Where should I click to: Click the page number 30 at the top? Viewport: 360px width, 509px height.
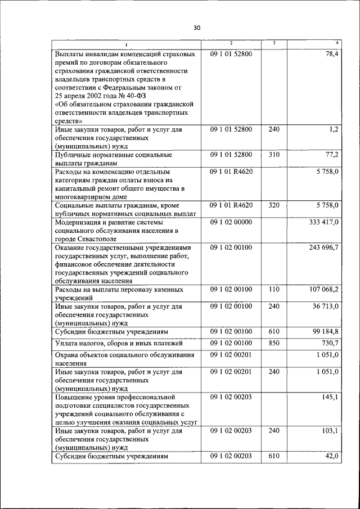tap(196, 28)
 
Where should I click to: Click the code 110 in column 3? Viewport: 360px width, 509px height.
tap(273, 289)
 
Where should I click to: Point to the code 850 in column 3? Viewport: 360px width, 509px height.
tap(273, 343)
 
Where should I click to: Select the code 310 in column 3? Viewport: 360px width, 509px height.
tap(273, 154)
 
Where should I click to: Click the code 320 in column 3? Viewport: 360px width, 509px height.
tap(273, 205)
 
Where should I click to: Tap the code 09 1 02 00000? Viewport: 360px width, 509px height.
tap(231, 223)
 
